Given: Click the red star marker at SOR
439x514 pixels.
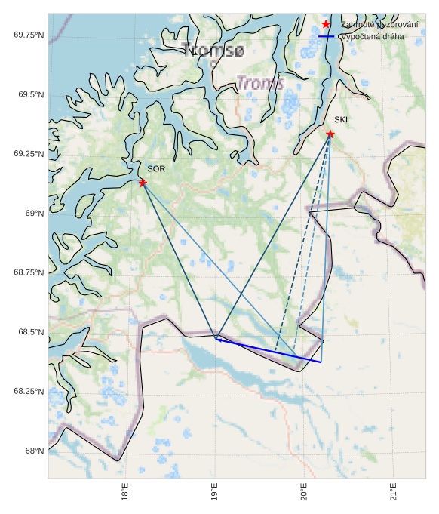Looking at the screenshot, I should point(143,183).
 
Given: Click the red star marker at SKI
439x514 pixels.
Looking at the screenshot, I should point(330,134).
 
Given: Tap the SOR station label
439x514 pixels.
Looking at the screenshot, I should point(156,169).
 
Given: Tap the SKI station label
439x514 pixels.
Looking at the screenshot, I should point(341,120).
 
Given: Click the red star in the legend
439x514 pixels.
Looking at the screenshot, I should point(326,25).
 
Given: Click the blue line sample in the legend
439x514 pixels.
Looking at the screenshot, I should point(326,36).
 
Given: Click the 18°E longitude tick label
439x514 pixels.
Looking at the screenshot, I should point(125,494).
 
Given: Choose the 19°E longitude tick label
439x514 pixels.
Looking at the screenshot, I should point(214,494).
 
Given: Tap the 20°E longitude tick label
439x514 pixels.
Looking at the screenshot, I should point(303,494).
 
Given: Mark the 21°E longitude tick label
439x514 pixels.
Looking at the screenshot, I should point(393,494).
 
